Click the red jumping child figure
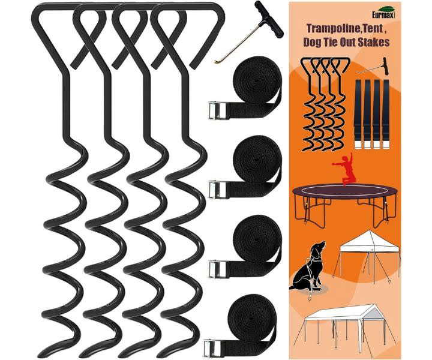344,169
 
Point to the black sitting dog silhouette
308,266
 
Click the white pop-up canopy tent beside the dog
367,253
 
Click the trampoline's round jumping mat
345,190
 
